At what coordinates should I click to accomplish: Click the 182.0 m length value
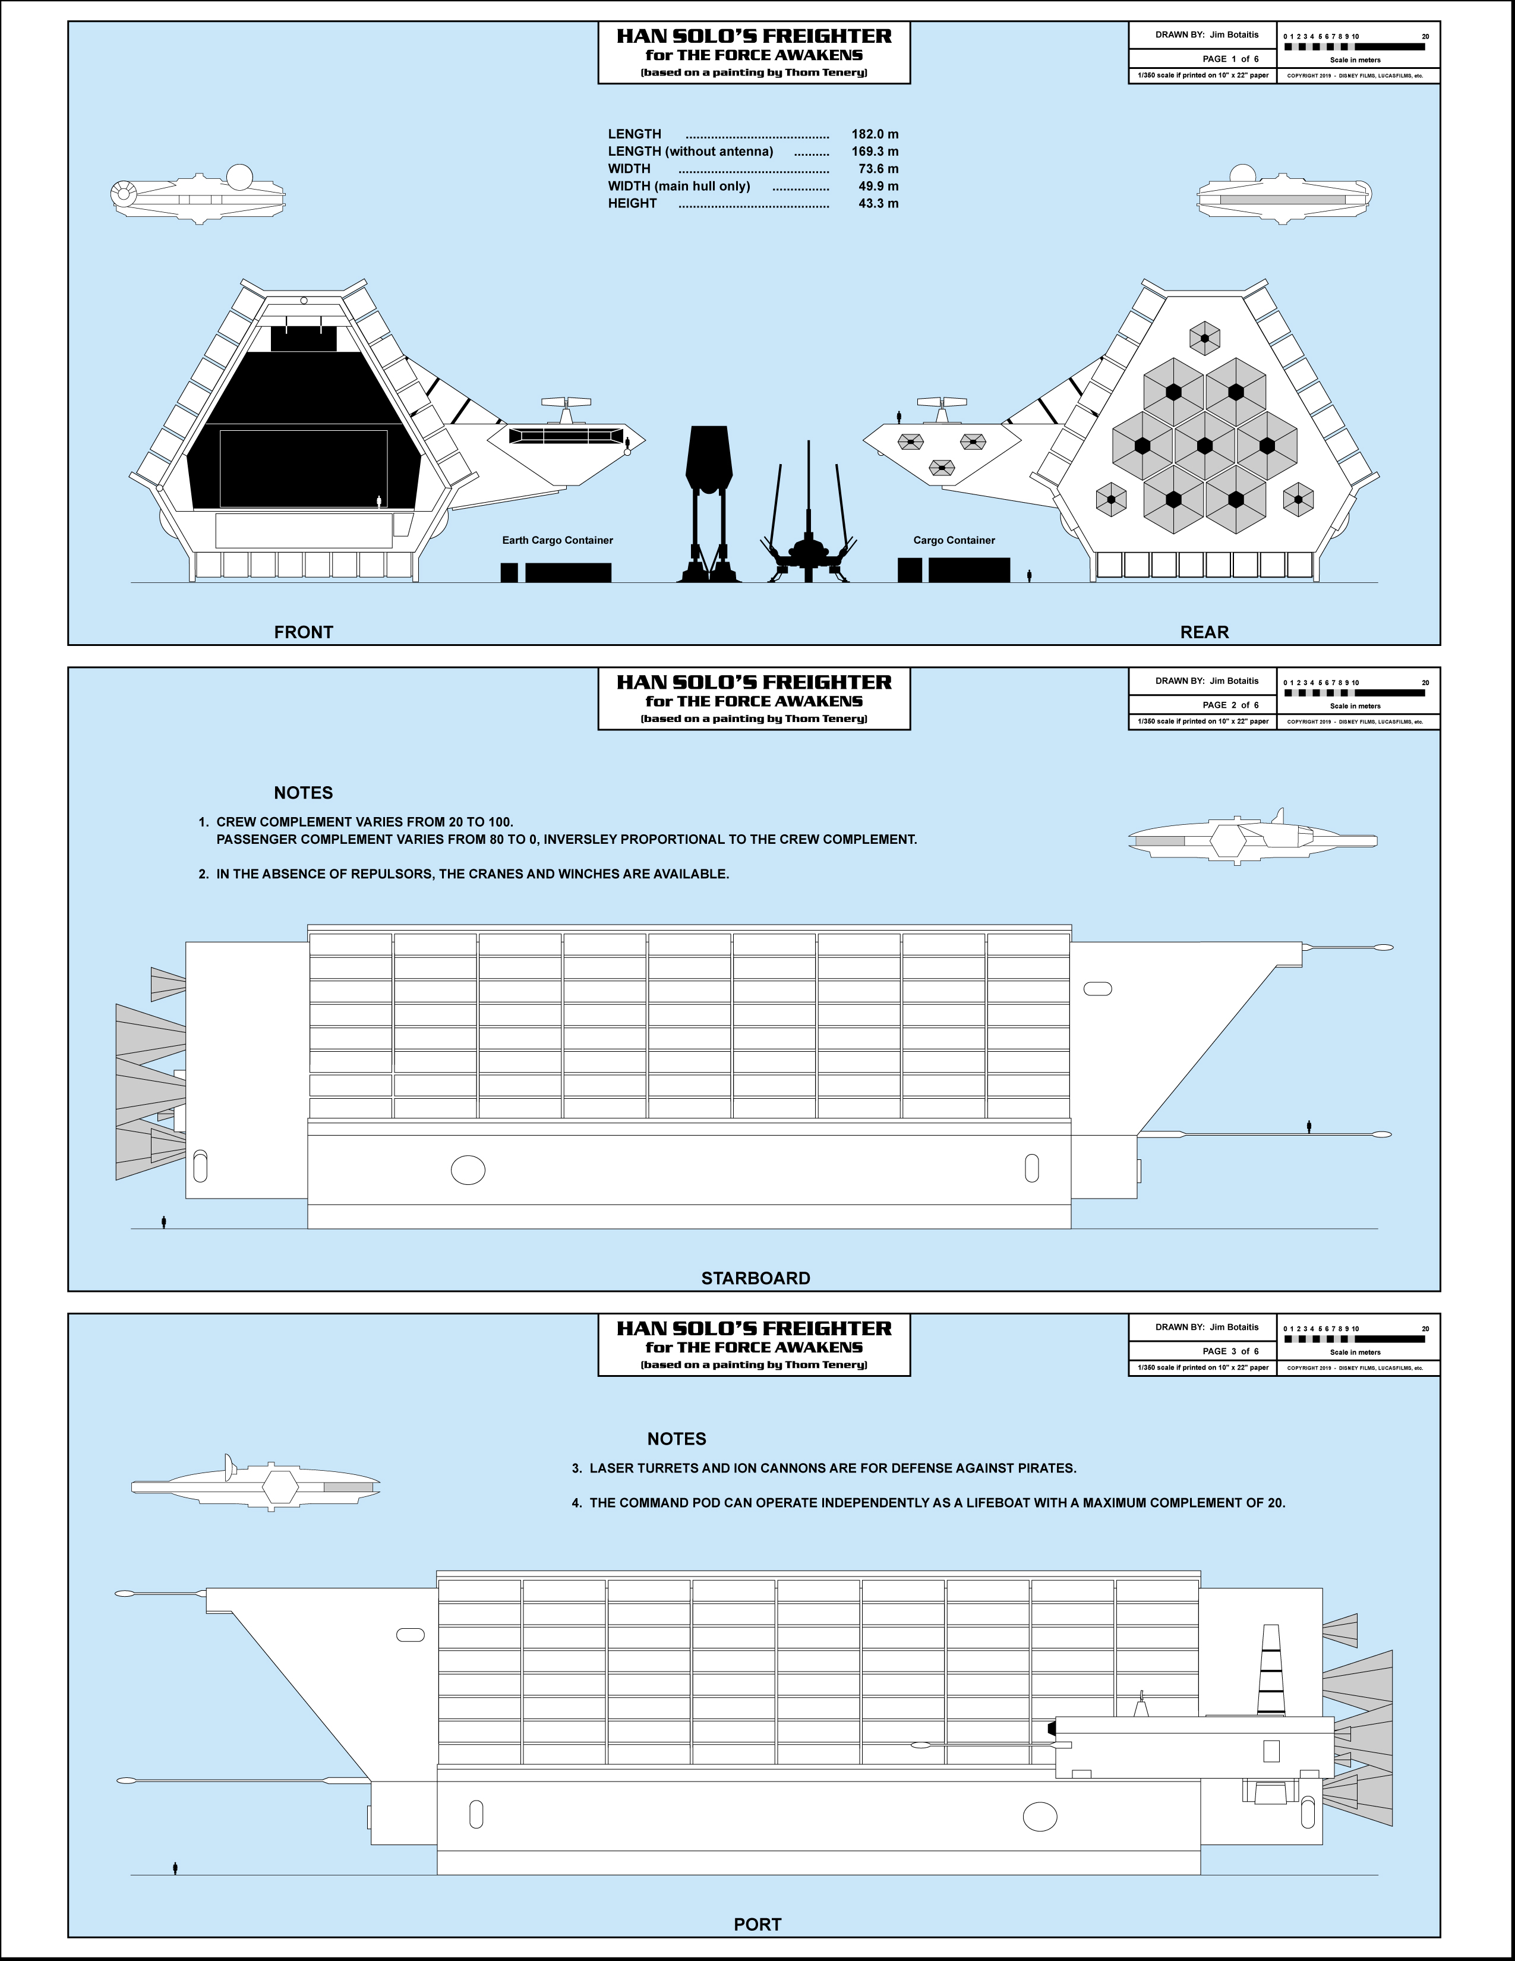[874, 134]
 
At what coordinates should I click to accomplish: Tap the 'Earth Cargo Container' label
[557, 541]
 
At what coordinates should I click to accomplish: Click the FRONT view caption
[304, 632]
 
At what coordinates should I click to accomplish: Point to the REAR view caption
[1204, 632]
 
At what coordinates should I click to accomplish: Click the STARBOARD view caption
[756, 1278]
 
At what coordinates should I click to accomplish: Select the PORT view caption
[757, 1924]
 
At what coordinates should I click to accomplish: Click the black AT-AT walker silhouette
[709, 503]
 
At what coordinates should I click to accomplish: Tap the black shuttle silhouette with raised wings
[809, 529]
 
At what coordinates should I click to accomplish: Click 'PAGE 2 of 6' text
[1230, 705]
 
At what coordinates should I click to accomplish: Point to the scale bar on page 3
[1355, 1339]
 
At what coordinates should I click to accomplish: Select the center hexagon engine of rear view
[1204, 445]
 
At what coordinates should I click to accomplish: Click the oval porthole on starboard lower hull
[468, 1170]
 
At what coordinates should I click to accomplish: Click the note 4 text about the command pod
[936, 1502]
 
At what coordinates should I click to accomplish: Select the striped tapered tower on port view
[1270, 1669]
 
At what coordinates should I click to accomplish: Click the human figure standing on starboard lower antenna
[1309, 1126]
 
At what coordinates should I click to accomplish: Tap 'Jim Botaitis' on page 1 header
[1234, 35]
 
